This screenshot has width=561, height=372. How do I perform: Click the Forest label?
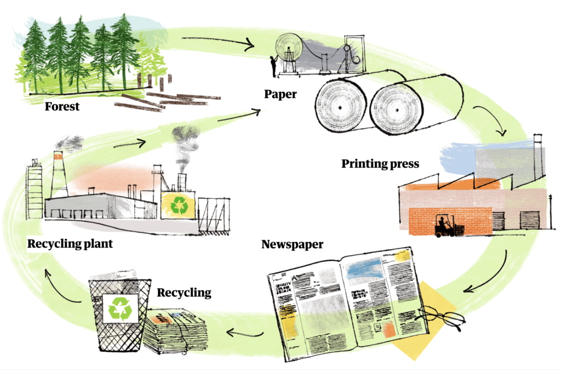click(x=62, y=106)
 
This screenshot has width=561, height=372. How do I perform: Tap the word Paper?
click(x=280, y=94)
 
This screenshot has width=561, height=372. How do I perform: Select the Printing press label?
click(x=380, y=163)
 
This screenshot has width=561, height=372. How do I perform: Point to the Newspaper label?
click(x=292, y=244)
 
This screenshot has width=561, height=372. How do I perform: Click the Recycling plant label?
click(x=70, y=244)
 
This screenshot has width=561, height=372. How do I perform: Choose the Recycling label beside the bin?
click(x=184, y=293)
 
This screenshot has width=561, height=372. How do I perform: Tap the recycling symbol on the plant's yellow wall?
click(x=179, y=207)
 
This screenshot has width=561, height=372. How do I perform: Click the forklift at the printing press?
click(x=445, y=226)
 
